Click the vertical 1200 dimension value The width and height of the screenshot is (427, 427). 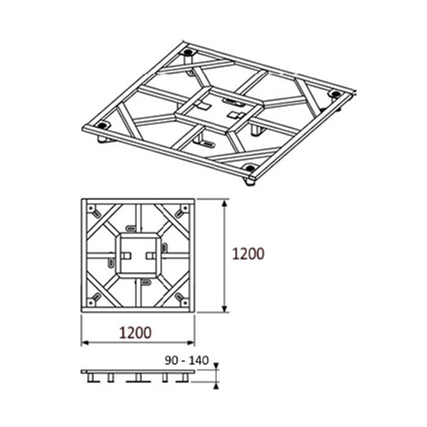[248, 254]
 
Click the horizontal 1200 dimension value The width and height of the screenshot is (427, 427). [135, 332]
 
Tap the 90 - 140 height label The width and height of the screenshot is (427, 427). [186, 361]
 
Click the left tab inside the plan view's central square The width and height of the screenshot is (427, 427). [126, 254]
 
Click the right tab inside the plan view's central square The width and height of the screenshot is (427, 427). [150, 254]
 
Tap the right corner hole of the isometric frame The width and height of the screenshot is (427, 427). [334, 94]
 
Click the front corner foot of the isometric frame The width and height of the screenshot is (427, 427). [249, 181]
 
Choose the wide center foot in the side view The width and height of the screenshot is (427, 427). [138, 378]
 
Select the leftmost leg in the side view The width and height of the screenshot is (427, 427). [91, 378]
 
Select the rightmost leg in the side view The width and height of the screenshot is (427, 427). [184, 378]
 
